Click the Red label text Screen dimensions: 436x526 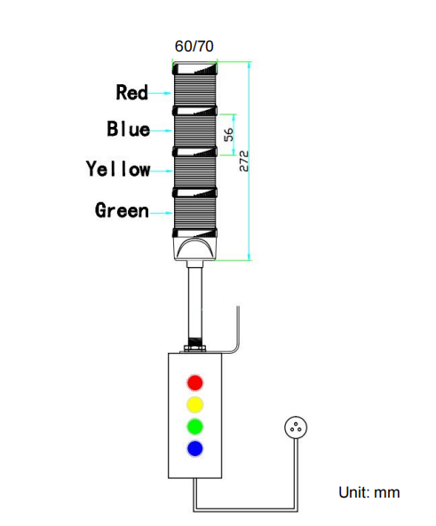coord(131,92)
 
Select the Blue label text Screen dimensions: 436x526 coord(129,129)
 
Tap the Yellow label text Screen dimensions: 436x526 coord(118,169)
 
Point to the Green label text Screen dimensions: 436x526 coord(122,210)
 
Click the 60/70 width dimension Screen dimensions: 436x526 coord(194,46)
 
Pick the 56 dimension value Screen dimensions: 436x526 coord(228,135)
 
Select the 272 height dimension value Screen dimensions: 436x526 coord(244,161)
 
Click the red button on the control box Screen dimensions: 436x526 coord(194,383)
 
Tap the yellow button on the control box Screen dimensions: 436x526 coord(194,404)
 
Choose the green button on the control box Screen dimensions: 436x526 coord(194,427)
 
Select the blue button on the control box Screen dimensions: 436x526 coord(194,449)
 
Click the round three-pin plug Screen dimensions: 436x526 coord(296,428)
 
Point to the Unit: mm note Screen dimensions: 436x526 coord(369,492)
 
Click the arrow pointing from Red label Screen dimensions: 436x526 coord(160,93)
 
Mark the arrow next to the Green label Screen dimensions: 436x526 coord(162,213)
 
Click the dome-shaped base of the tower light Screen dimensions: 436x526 coord(194,248)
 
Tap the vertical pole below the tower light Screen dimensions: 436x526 coord(194,304)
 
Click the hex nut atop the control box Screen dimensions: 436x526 coord(194,349)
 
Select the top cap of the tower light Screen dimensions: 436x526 coord(194,68)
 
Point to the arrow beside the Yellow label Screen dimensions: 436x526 coord(162,171)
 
